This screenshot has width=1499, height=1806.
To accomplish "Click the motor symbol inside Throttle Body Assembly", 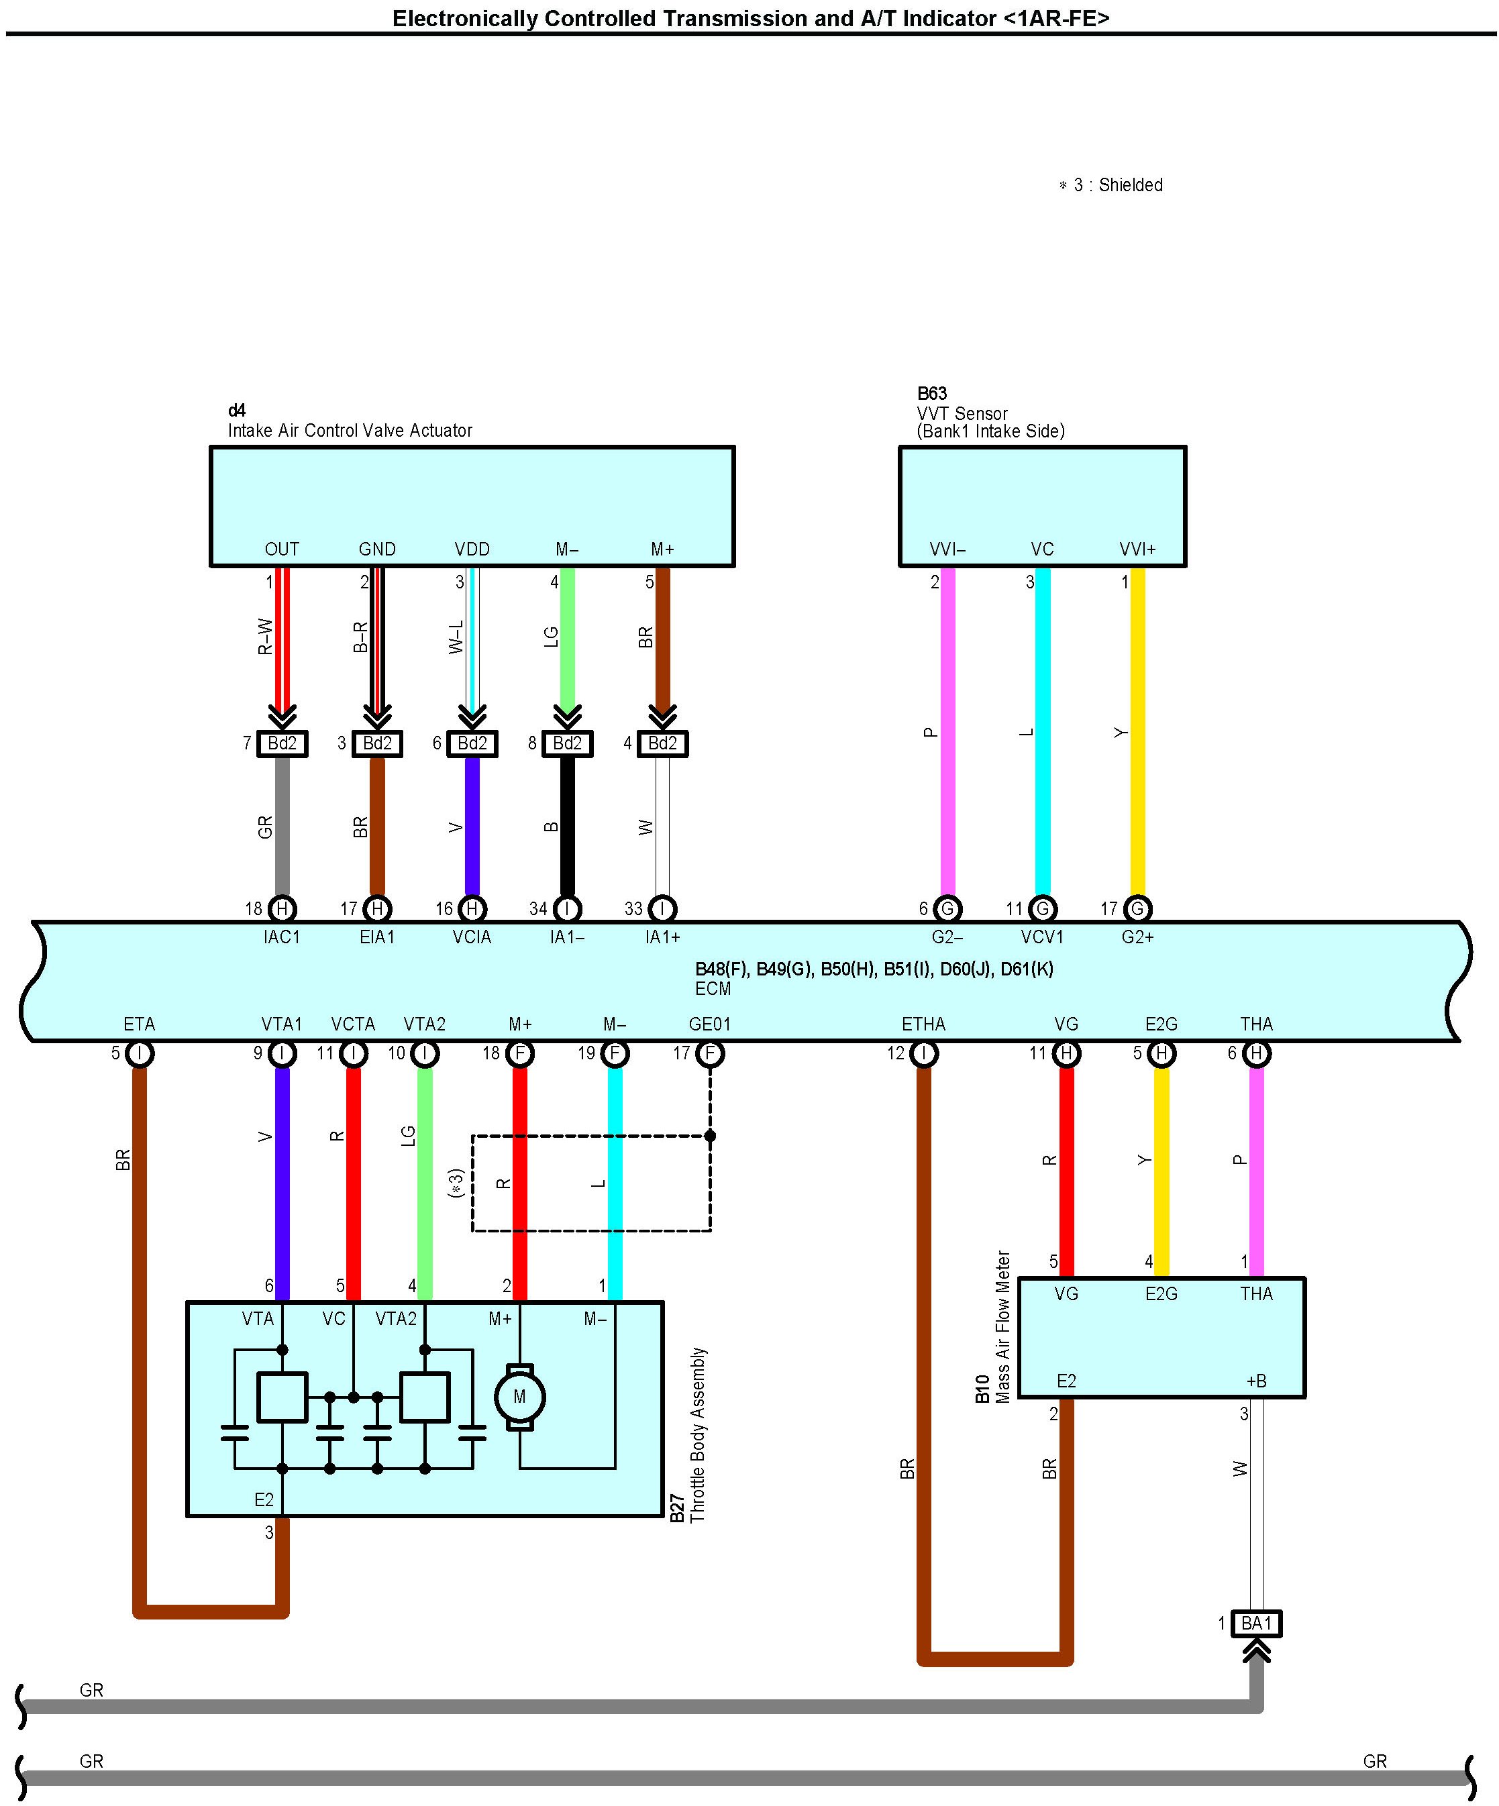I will click(519, 1397).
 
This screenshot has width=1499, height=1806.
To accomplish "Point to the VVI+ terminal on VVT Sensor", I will click(1137, 549).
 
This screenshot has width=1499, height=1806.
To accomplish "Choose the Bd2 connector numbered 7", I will click(282, 743).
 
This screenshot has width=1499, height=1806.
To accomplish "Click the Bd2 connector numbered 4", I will click(662, 743).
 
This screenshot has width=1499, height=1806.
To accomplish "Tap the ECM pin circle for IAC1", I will click(282, 908).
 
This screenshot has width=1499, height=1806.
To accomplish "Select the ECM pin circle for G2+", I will click(1137, 908).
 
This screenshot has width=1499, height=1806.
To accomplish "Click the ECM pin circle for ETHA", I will click(924, 1053).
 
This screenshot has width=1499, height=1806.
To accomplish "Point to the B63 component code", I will click(931, 394).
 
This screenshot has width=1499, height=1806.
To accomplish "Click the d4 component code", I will click(236, 410).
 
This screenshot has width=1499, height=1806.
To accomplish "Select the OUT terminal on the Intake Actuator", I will click(282, 549).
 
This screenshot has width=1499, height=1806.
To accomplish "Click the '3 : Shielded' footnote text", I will click(1117, 185).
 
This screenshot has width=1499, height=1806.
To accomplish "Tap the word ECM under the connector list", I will click(713, 989).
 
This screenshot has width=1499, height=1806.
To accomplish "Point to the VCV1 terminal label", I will click(1042, 937).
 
